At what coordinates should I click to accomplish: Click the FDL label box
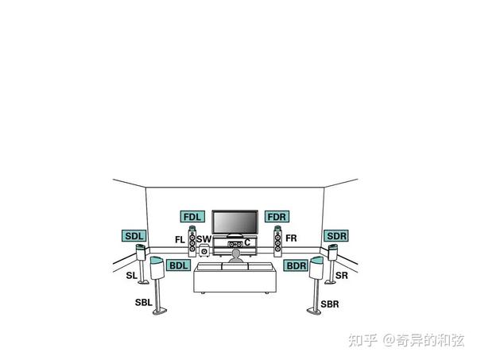pos(193,216)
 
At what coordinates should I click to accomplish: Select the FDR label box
pos(277,216)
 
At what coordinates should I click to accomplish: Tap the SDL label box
pos(134,236)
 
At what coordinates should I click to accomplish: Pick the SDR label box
pos(336,236)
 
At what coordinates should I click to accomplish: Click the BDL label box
pos(179,265)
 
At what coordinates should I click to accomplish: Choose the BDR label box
pos(296,265)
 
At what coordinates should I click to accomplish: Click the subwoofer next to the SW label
pos(204,253)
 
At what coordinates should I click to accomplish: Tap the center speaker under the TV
pos(235,244)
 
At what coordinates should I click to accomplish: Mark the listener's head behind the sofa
pos(235,254)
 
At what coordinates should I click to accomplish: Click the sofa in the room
pos(235,279)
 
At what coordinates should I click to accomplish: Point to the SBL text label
pos(143,303)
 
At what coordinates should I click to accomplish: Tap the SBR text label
pos(330,304)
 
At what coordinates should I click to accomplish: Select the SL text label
pos(132,276)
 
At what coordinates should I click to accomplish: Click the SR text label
pos(341,276)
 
